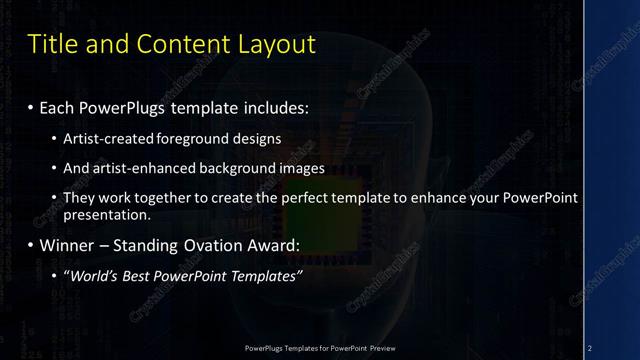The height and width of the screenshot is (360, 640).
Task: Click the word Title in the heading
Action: [x=53, y=45]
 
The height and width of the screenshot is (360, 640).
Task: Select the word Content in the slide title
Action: [x=178, y=45]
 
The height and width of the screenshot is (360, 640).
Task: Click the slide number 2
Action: [x=590, y=348]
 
